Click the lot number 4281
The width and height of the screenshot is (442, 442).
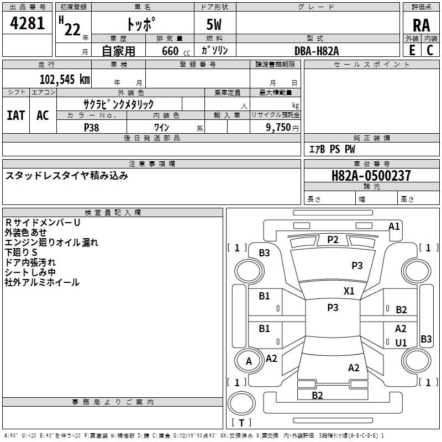click(27, 23)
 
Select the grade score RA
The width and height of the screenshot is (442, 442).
click(422, 25)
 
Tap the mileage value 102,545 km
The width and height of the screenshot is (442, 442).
click(65, 80)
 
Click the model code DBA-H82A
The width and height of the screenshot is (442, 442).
click(317, 51)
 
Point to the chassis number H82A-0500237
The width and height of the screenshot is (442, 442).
click(371, 176)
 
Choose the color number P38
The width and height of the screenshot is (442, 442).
click(92, 128)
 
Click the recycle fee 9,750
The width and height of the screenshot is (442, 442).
click(278, 127)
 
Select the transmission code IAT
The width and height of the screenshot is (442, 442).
click(16, 115)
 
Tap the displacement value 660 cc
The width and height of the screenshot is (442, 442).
click(176, 51)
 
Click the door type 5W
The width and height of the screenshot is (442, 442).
click(214, 24)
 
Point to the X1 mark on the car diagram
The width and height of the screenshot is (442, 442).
click(349, 291)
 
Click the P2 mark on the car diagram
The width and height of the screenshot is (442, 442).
click(333, 240)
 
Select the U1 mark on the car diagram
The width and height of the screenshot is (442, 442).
click(401, 343)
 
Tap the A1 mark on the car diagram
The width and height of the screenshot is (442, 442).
click(394, 227)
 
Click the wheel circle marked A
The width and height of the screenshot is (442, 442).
click(249, 361)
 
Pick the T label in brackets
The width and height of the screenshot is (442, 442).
click(241, 423)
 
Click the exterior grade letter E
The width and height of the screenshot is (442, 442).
click(412, 50)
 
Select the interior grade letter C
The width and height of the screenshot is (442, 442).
click(430, 50)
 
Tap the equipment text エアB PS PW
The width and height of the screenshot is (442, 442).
click(332, 149)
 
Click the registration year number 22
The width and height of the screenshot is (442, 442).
click(72, 30)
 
